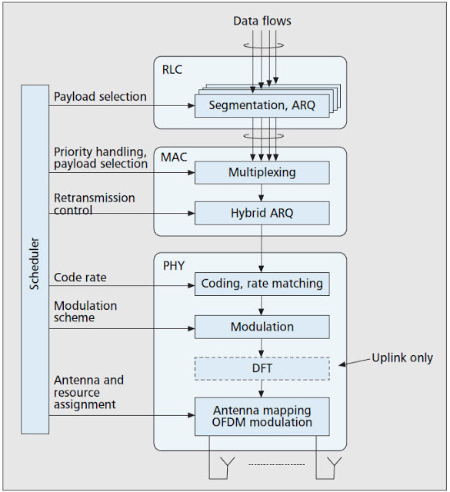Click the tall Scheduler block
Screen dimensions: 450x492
[35, 260]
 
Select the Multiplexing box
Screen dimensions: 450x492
[262, 172]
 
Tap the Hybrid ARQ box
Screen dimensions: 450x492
[262, 214]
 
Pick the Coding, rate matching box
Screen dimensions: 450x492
[262, 284]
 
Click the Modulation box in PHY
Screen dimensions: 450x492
[262, 327]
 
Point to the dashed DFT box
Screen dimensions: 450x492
[262, 368]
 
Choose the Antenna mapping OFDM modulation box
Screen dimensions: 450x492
[262, 417]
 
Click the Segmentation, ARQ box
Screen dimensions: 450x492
[262, 106]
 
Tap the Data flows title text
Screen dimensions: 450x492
[262, 21]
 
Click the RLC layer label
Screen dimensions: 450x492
[172, 70]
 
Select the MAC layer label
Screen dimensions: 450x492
[174, 157]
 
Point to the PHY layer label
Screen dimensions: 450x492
[174, 266]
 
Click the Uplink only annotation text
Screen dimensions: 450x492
[402, 358]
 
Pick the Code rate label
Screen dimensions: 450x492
[80, 278]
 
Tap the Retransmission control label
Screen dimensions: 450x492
[94, 204]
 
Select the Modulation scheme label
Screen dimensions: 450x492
[85, 311]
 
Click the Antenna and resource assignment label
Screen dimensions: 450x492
[88, 392]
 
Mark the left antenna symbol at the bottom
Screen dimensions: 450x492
[228, 464]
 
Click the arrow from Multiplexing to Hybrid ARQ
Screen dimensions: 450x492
[262, 193]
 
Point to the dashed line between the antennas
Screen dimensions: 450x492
[277, 464]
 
